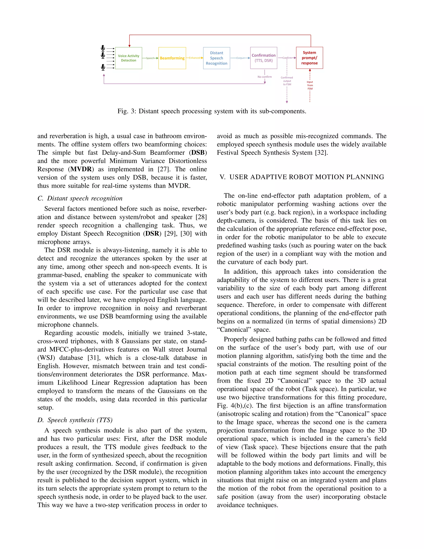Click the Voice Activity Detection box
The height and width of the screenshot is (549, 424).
coord(128,58)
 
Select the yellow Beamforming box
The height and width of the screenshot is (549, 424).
coord(172,58)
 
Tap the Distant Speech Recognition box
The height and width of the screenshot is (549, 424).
coord(216,58)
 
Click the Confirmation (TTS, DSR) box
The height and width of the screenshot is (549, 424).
coord(264,58)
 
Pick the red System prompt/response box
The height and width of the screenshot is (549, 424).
coord(309,58)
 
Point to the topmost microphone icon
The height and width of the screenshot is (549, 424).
coord(103,48)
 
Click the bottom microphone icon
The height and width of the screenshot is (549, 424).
coord(103,67)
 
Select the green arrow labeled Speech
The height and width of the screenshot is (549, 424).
coord(150,58)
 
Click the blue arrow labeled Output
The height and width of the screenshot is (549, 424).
coord(240,58)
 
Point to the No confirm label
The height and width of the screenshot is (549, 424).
coord(265,77)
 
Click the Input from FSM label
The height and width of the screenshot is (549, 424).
coord(310,85)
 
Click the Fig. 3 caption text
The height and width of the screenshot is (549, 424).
coord(212,111)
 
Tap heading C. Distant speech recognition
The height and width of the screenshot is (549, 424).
coord(80,198)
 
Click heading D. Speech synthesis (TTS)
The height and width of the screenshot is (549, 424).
coord(75,420)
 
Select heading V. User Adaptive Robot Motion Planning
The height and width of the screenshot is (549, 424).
coord(302,177)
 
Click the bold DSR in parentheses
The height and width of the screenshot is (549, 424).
coord(152,233)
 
